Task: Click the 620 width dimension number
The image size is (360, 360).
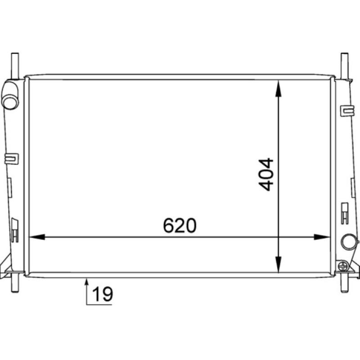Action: pos(180,225)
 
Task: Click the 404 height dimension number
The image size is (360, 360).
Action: pos(267,174)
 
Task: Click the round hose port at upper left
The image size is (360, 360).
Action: pos(9,99)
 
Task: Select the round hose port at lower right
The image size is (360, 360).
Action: pos(348,242)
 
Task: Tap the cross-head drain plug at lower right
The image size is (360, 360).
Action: pos(344,265)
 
